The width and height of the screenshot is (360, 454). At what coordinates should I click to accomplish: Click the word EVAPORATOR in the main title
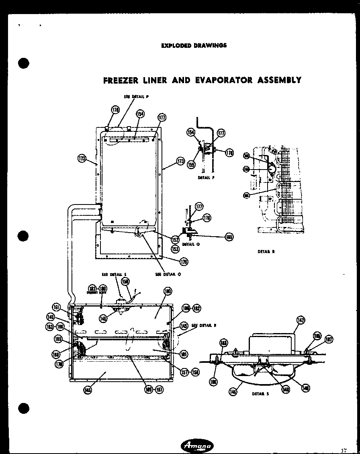[218, 80]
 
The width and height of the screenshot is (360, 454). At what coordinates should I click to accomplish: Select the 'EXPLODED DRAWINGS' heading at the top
[194, 45]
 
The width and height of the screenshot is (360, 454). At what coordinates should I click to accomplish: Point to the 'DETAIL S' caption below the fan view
[260, 394]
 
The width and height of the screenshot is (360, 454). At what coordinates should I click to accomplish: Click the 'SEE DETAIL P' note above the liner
[136, 96]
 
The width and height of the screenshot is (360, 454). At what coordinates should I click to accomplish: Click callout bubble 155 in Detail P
[191, 164]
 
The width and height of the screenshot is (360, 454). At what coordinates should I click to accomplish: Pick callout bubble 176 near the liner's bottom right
[184, 262]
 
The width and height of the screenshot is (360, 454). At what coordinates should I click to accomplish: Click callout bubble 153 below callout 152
[175, 249]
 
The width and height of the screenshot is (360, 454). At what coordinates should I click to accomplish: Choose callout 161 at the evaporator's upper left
[56, 308]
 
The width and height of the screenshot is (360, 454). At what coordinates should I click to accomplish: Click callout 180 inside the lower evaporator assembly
[168, 291]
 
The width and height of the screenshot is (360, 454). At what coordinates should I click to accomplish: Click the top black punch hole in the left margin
[24, 63]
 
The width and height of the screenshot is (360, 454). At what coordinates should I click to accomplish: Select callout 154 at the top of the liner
[140, 114]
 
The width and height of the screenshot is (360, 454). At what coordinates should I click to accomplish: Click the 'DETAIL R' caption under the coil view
[266, 252]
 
